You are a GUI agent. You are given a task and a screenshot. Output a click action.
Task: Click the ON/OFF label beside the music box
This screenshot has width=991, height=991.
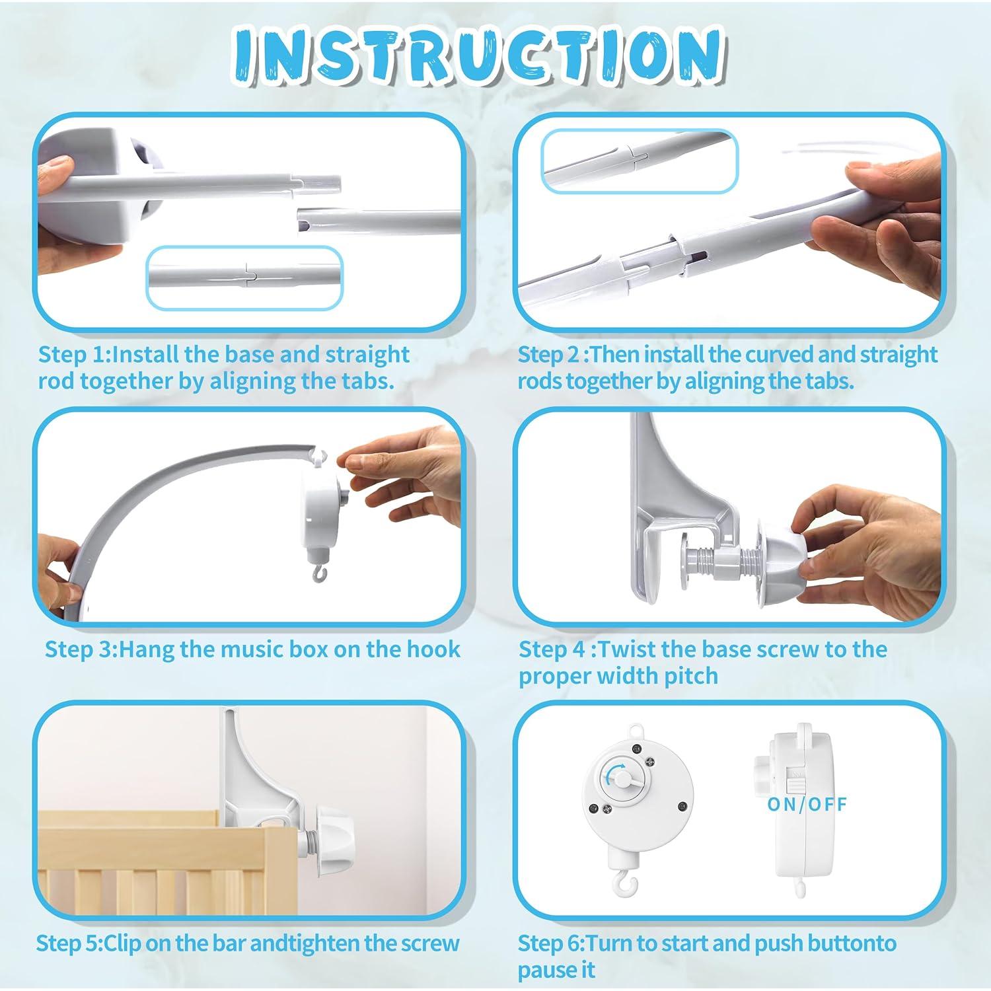807,804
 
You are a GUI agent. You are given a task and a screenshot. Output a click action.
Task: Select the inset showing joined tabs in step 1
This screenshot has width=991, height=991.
244,277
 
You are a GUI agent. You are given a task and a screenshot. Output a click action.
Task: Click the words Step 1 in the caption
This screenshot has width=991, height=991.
73,354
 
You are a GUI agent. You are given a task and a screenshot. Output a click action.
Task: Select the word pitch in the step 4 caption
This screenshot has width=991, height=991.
691,676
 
